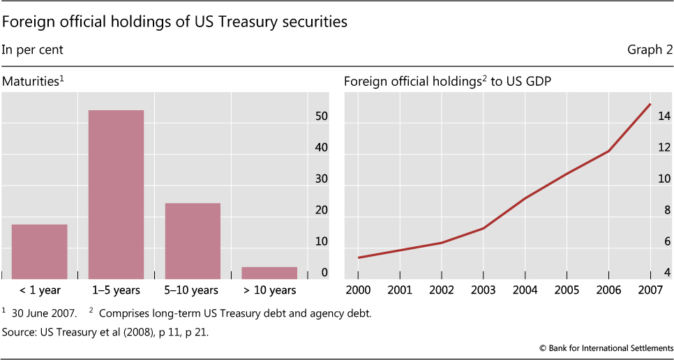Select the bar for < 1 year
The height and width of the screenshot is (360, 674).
(x=40, y=250)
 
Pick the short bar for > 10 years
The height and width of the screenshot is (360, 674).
(x=269, y=271)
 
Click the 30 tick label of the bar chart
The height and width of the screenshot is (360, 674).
(x=321, y=179)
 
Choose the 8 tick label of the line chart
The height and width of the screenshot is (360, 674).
(x=665, y=210)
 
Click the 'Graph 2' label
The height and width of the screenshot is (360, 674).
(x=650, y=50)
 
